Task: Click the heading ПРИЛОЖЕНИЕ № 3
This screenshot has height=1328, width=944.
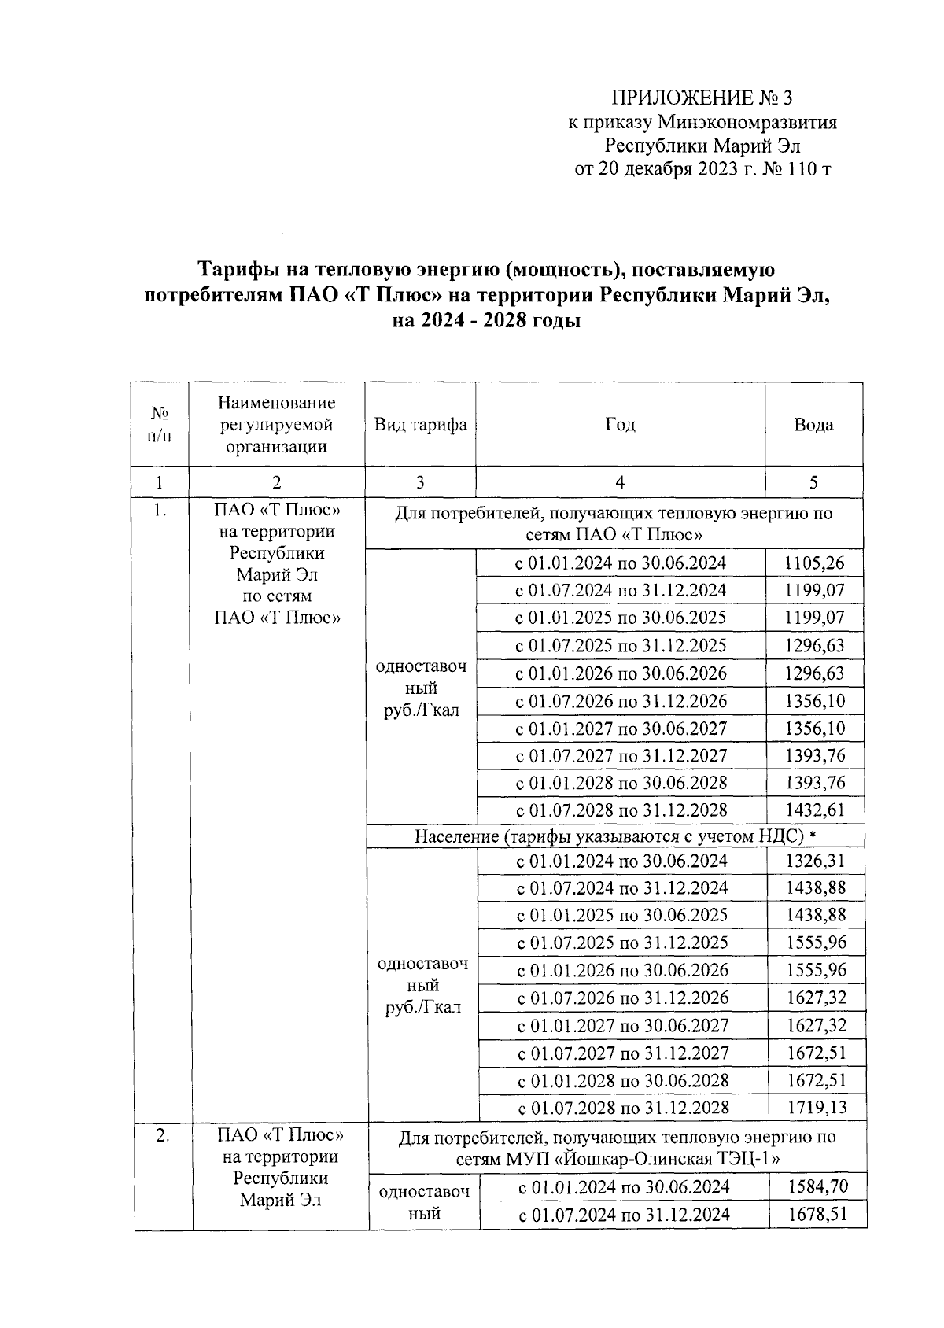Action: pyautogui.click(x=702, y=98)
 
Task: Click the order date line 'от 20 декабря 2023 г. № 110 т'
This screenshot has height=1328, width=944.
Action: pyautogui.click(x=702, y=169)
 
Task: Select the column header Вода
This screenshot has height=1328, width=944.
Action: pyautogui.click(x=813, y=425)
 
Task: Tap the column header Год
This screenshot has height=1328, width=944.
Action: pyautogui.click(x=620, y=425)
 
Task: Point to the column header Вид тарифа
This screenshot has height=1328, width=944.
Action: pyautogui.click(x=420, y=425)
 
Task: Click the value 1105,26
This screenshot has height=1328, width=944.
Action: pyautogui.click(x=814, y=563)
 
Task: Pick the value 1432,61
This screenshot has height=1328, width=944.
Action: pyautogui.click(x=814, y=810)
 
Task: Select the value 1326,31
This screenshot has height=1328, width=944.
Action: pyautogui.click(x=815, y=861)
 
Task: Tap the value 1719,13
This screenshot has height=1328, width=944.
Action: pyautogui.click(x=817, y=1108)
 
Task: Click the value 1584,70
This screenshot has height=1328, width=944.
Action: pyautogui.click(x=817, y=1186)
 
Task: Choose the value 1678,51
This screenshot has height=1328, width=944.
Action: pyautogui.click(x=817, y=1214)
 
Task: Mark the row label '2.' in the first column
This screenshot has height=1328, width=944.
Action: pyautogui.click(x=163, y=1135)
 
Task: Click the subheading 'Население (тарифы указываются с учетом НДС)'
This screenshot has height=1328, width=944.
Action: pyautogui.click(x=605, y=836)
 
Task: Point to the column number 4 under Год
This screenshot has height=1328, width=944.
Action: pyautogui.click(x=620, y=482)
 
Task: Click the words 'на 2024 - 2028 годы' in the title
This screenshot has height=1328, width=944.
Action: pyautogui.click(x=486, y=321)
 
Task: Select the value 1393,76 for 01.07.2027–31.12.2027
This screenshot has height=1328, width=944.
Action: pyautogui.click(x=814, y=756)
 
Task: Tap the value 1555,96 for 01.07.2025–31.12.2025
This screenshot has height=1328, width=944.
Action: pyautogui.click(x=815, y=943)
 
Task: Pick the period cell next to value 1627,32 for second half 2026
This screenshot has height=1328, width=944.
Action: pyautogui.click(x=622, y=998)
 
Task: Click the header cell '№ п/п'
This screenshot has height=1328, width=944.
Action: pyautogui.click(x=160, y=425)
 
